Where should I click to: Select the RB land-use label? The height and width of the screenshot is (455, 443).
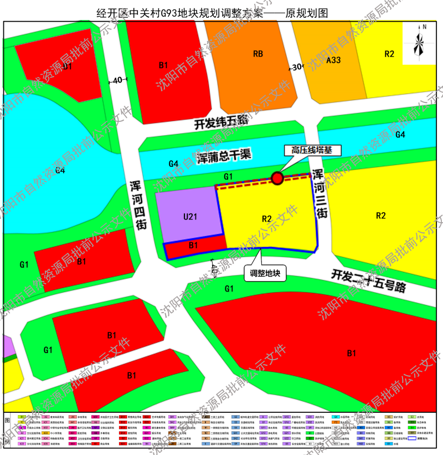[257, 54]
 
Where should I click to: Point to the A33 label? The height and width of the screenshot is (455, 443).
[333, 60]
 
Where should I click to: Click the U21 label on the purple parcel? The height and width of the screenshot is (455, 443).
[189, 217]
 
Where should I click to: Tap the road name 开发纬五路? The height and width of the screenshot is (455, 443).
[217, 125]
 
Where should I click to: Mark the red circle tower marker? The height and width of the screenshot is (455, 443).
[277, 178]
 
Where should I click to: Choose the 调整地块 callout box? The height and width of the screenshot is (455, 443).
[266, 273]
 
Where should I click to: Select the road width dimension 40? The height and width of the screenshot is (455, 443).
[117, 80]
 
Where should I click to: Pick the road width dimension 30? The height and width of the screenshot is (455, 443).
[297, 67]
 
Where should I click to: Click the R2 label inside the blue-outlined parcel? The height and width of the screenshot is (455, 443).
[266, 218]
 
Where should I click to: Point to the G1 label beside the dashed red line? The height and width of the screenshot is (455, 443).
[227, 176]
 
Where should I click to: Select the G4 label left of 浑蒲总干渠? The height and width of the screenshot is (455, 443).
[173, 163]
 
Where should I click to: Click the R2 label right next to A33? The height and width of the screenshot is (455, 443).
[389, 54]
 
